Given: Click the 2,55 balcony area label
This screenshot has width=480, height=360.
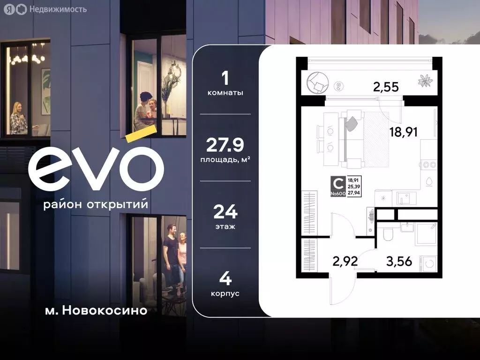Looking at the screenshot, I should pyautogui.click(x=386, y=86).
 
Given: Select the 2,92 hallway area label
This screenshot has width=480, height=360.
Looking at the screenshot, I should pyautogui.click(x=345, y=261).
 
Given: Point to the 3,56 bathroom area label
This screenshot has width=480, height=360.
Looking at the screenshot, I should pyautogui.click(x=399, y=261).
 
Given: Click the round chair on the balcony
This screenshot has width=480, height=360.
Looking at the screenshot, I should pyautogui.click(x=316, y=83).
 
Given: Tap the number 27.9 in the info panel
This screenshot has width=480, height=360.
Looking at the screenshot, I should pyautogui.click(x=225, y=145).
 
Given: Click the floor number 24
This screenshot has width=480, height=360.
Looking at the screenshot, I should pyautogui.click(x=225, y=213).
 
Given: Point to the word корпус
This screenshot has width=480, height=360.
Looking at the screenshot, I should pyautogui.click(x=225, y=293).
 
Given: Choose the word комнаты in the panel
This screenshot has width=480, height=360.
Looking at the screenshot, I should pyautogui.click(x=225, y=93).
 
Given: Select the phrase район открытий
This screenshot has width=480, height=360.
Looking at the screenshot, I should pyautogui.click(x=96, y=205).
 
